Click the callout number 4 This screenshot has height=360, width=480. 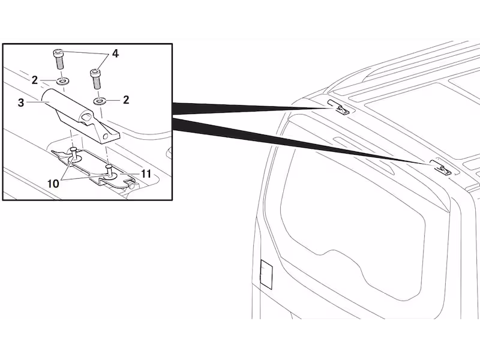pyautogui.click(x=115, y=53)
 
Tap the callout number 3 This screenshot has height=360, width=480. pyautogui.click(x=21, y=103)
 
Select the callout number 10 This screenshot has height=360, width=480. pyautogui.click(x=53, y=184)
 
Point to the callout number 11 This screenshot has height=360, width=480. pyautogui.click(x=146, y=174)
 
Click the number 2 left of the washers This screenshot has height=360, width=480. pyautogui.click(x=35, y=80)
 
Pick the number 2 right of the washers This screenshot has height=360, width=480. pyautogui.click(x=126, y=100)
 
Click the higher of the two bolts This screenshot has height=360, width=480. pyautogui.click(x=59, y=59)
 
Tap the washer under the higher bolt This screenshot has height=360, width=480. pyautogui.click(x=63, y=81)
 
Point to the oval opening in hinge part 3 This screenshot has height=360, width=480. pyautogui.click(x=86, y=116)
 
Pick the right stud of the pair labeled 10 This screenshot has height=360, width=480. pyautogui.click(x=109, y=171)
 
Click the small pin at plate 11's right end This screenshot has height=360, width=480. pyautogui.click(x=131, y=185)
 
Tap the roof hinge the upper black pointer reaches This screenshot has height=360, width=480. pyautogui.click(x=338, y=107)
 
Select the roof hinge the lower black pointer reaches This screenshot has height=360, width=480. pyautogui.click(x=441, y=167)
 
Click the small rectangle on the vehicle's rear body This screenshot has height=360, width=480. pyautogui.click(x=266, y=274)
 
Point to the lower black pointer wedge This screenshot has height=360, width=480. pyautogui.click(x=303, y=141)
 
